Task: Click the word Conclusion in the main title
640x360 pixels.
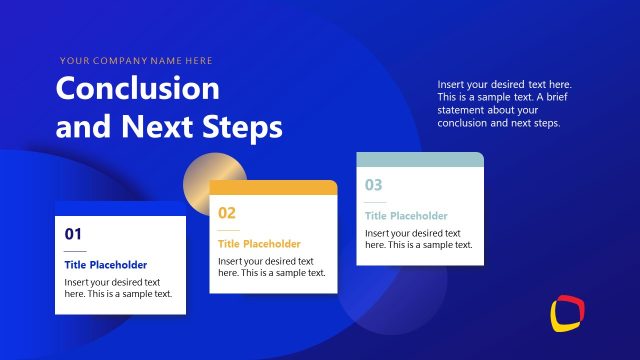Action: [x=137, y=89]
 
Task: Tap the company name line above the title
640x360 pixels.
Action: [x=136, y=61]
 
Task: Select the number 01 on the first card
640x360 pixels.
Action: [x=73, y=234]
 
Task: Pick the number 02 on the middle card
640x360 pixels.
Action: [x=227, y=212]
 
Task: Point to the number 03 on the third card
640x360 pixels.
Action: [x=373, y=184]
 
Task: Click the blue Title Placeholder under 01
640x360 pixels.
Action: [x=106, y=265]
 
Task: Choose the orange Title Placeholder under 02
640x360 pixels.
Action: [x=259, y=244]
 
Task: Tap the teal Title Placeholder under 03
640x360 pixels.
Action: [x=406, y=215]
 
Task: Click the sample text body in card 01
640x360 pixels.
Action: [x=118, y=288]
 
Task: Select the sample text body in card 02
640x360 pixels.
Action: [x=271, y=267]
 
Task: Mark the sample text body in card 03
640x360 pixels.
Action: [x=418, y=238]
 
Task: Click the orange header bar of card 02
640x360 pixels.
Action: [x=273, y=187]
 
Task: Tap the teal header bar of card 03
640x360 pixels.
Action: [x=420, y=159]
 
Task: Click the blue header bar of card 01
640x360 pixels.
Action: [x=120, y=208]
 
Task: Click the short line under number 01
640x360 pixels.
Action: [x=75, y=251]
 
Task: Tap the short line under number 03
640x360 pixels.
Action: [x=373, y=201]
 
